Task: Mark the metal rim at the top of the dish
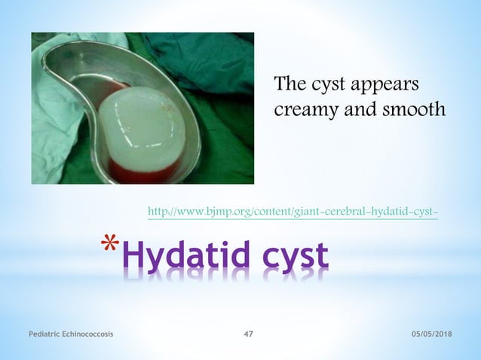113,45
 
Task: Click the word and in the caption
362,110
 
